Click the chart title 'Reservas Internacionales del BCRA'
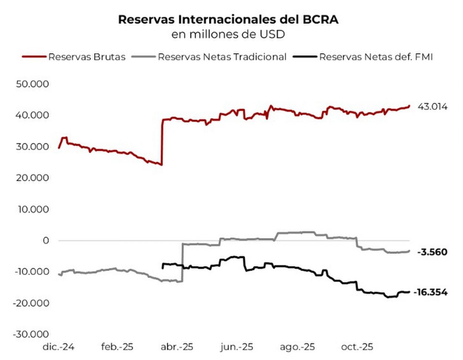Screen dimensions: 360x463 pyautogui.click(x=228, y=20)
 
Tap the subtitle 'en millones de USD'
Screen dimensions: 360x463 pyautogui.click(x=228, y=34)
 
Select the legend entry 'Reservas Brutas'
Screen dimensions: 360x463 pyautogui.click(x=87, y=57)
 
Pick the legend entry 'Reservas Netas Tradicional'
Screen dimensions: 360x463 pyautogui.click(x=222, y=57)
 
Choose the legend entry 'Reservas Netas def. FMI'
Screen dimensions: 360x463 pyautogui.click(x=376, y=57)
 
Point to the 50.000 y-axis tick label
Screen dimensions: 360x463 pyautogui.click(x=32, y=84)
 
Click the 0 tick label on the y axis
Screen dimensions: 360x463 pyautogui.click(x=46, y=241)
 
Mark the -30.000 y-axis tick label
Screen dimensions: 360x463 pyautogui.click(x=31, y=334)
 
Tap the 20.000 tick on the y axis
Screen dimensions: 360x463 pyautogui.click(x=32, y=178)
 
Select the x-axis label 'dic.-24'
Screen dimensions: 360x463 pyautogui.click(x=59, y=347)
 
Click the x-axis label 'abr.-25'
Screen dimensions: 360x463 pyautogui.click(x=177, y=347)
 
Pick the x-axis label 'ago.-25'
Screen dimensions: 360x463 pyautogui.click(x=297, y=347)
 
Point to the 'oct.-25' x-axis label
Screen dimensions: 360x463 pyautogui.click(x=357, y=347)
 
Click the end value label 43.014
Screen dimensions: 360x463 pyautogui.click(x=432, y=107)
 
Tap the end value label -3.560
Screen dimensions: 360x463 pyautogui.click(x=432, y=252)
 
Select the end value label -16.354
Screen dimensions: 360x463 pyautogui.click(x=430, y=293)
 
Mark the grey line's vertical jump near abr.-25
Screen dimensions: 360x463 pyautogui.click(x=183, y=263)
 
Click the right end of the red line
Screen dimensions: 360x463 pyautogui.click(x=409, y=106)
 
